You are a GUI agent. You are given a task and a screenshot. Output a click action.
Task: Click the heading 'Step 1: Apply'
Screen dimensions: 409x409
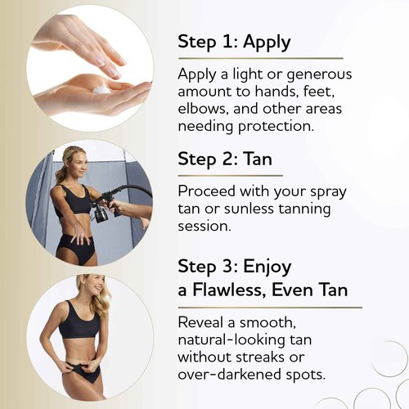[x=234, y=43]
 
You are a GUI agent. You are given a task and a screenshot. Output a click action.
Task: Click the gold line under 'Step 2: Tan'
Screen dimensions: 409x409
[x=230, y=175]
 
